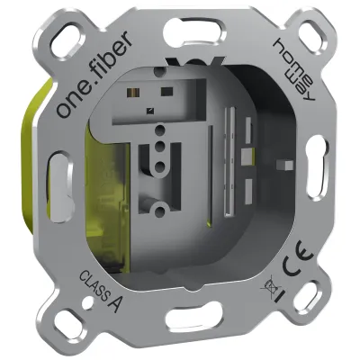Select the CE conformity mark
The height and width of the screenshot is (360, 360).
(x=297, y=266)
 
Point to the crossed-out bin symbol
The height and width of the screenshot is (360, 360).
(x=267, y=289)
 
